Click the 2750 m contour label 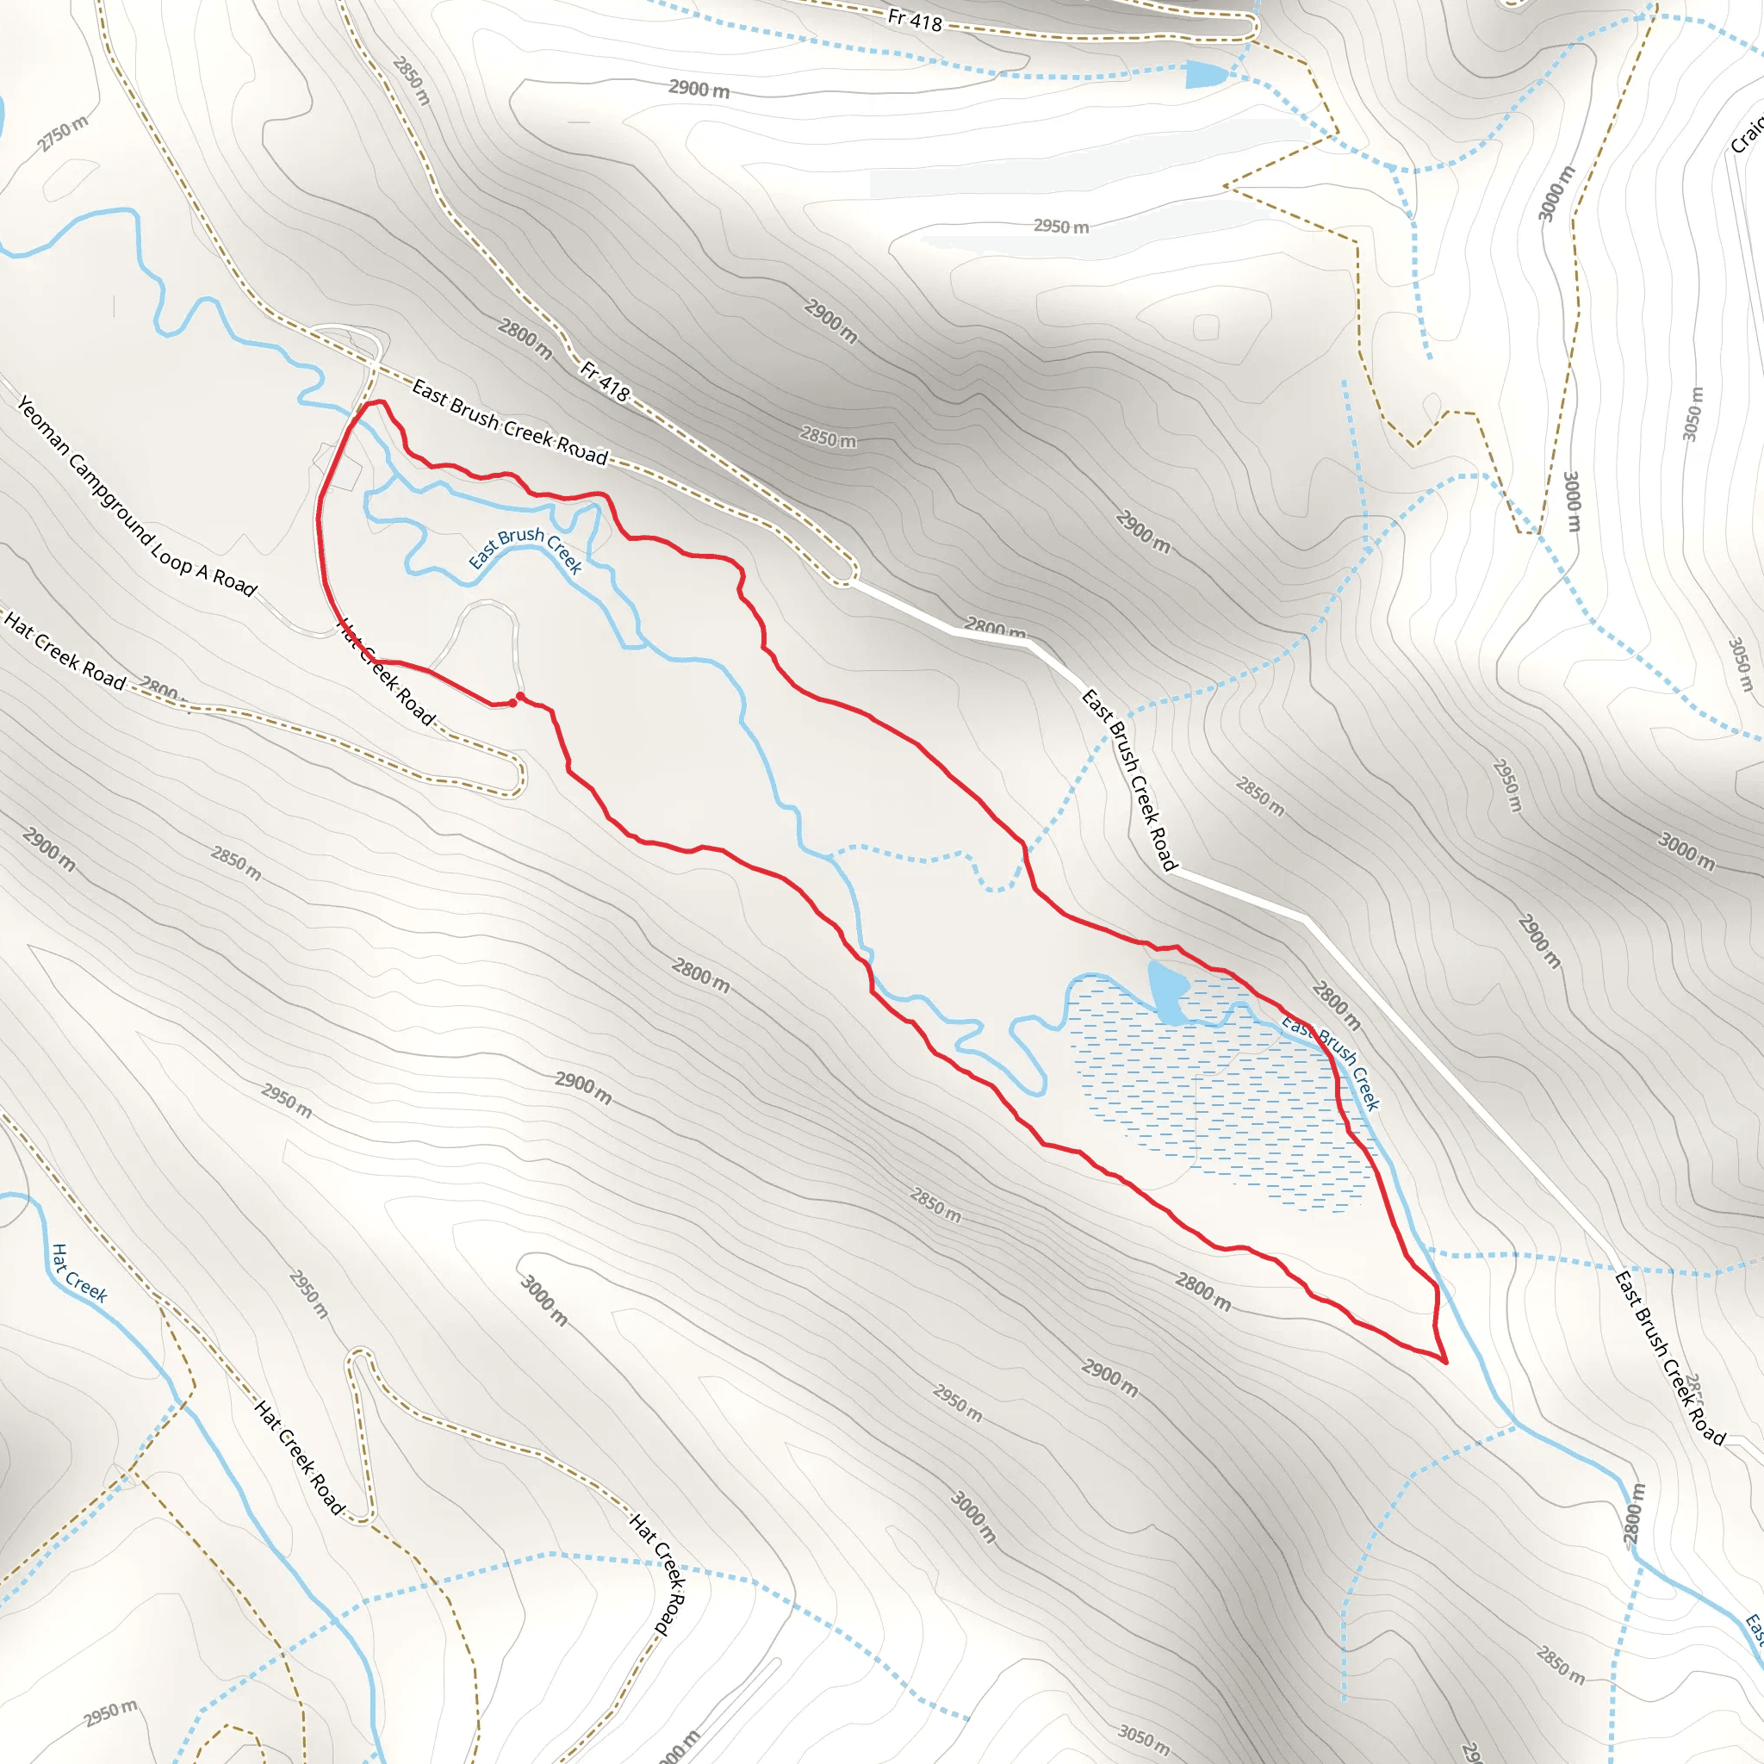coord(64,134)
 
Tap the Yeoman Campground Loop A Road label coord(137,496)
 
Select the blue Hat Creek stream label coord(78,1272)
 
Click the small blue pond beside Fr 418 coord(1204,74)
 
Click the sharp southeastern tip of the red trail coord(1445,1362)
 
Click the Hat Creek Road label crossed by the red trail coord(386,671)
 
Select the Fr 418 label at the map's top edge coord(914,19)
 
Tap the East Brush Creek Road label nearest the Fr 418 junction coord(510,422)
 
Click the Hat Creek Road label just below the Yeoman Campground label coord(64,650)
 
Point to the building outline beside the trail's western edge coord(337,466)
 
